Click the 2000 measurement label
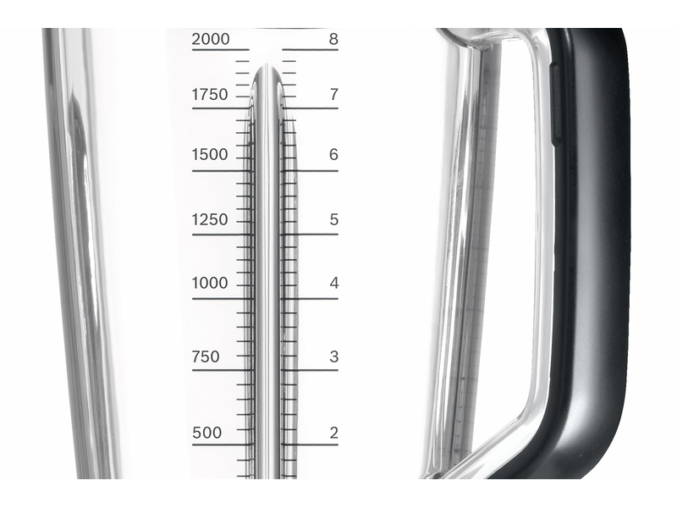pyautogui.click(x=210, y=39)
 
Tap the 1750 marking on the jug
pyautogui.click(x=210, y=95)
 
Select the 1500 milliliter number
pyautogui.click(x=210, y=155)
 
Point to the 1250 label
pyautogui.click(x=210, y=220)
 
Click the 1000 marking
pyautogui.click(x=210, y=284)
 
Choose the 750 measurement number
pyautogui.click(x=206, y=356)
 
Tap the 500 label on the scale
pyautogui.click(x=206, y=433)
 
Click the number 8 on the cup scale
pyautogui.click(x=333, y=39)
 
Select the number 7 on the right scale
pyautogui.click(x=333, y=95)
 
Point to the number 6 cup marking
pyautogui.click(x=333, y=155)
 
